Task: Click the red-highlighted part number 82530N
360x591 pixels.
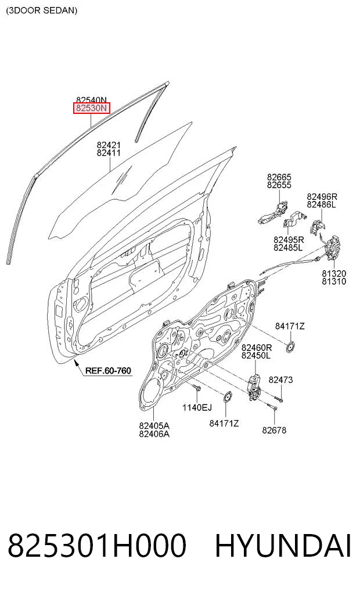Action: coord(92,108)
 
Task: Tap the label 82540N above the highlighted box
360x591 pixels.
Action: coord(92,100)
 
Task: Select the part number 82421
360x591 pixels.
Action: coord(109,145)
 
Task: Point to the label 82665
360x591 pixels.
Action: coord(279,177)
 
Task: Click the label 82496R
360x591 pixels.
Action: coord(322,196)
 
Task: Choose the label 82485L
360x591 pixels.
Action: coord(289,248)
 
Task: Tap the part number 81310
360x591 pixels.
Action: coord(334,282)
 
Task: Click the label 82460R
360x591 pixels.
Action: coord(257,347)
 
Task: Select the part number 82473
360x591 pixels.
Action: coord(280,380)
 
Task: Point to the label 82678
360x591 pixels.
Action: coord(274,430)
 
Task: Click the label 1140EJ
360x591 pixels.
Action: coord(197,407)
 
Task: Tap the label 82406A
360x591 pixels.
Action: coord(154,434)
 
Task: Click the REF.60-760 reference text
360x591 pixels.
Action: coord(108,371)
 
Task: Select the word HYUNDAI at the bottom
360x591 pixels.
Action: coord(283,545)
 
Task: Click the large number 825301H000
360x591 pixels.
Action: coord(97,545)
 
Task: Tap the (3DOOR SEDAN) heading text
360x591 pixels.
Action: coord(41,10)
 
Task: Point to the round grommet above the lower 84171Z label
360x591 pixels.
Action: coord(227,397)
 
